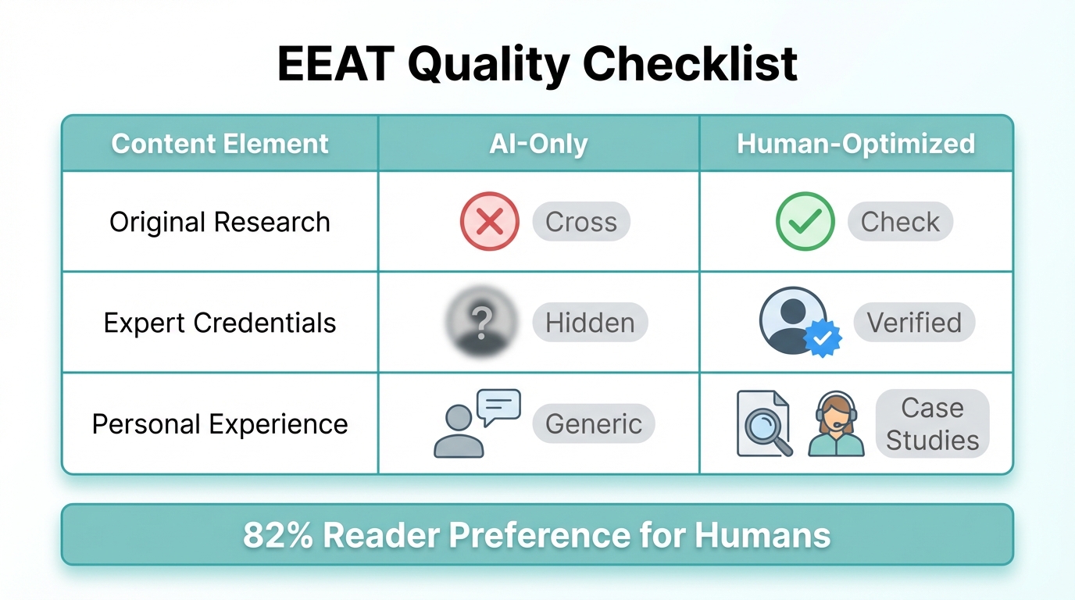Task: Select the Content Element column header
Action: pyautogui.click(x=220, y=144)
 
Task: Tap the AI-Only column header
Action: pyautogui.click(x=538, y=144)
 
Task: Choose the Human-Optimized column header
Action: pyautogui.click(x=855, y=144)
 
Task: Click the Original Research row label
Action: pyautogui.click(x=220, y=222)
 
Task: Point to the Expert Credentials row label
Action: pyautogui.click(x=220, y=323)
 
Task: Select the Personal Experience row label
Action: pyautogui.click(x=220, y=423)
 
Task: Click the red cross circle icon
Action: pyautogui.click(x=489, y=222)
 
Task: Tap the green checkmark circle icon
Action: pyautogui.click(x=805, y=222)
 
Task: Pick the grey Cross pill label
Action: pyautogui.click(x=581, y=222)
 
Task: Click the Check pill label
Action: pyautogui.click(x=900, y=222)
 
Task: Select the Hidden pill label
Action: pyautogui.click(x=590, y=323)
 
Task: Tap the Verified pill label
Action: pyautogui.click(x=914, y=323)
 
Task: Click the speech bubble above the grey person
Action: pyautogui.click(x=498, y=407)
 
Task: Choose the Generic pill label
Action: pyautogui.click(x=594, y=423)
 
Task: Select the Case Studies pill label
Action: pyautogui.click(x=932, y=423)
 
